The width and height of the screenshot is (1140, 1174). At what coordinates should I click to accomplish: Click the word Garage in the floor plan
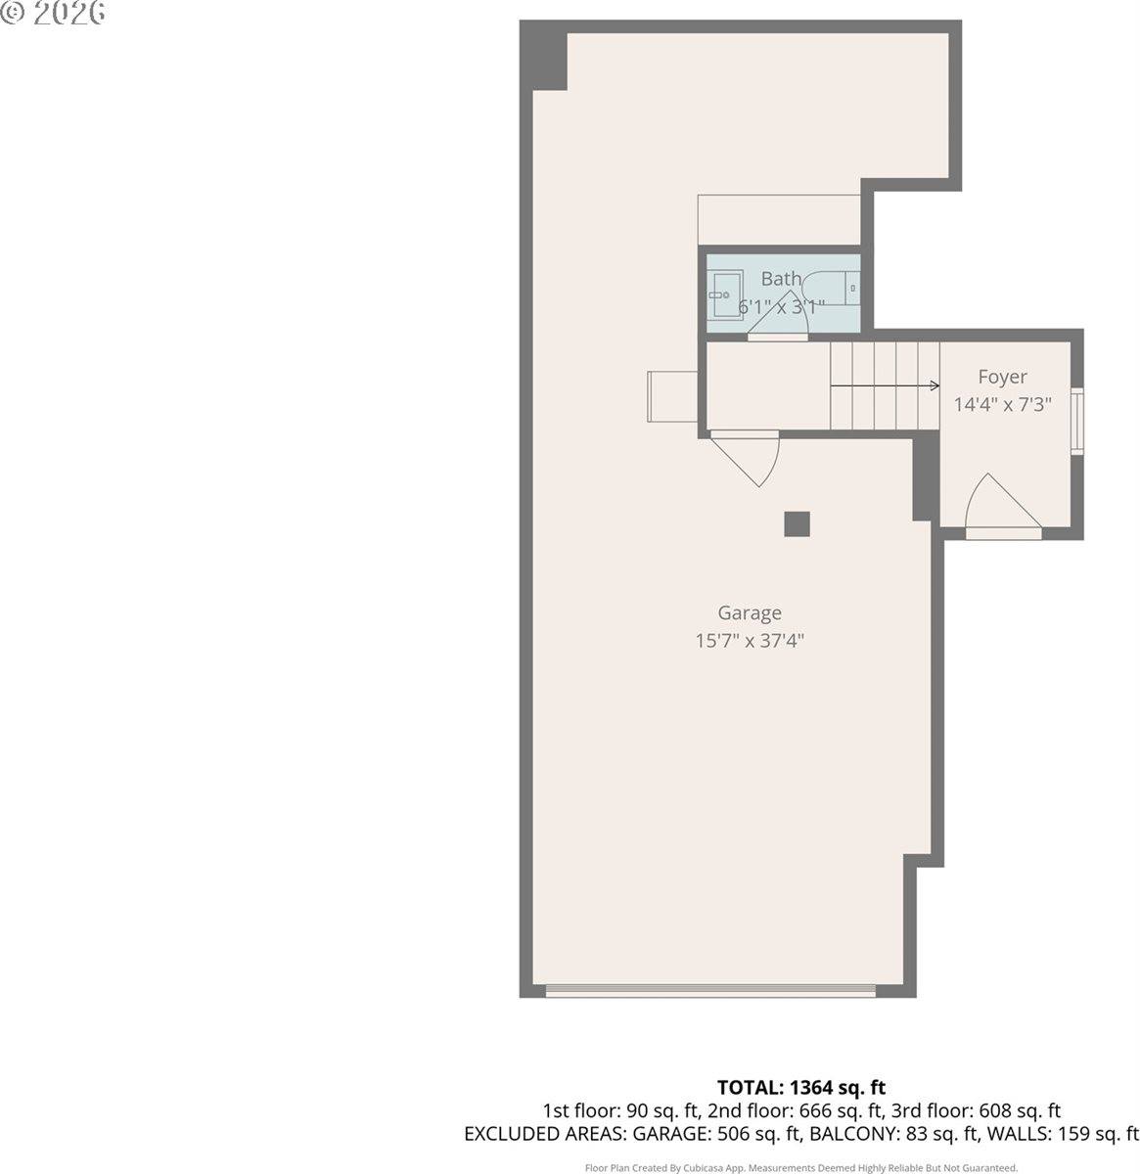coord(750,613)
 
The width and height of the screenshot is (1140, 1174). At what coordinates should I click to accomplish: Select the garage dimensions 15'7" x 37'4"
coord(750,642)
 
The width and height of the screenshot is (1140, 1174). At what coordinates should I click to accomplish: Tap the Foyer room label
coord(1002,377)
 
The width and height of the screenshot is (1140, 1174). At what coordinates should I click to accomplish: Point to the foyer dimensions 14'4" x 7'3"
coord(1002,404)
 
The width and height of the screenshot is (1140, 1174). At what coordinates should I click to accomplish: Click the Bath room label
coord(780,279)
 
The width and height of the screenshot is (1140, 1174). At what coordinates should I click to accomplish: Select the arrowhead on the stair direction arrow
coord(935,385)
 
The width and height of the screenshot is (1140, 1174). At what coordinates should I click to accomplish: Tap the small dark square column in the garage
coord(797,524)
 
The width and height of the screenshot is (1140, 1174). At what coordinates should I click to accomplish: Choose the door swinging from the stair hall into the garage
coord(749,457)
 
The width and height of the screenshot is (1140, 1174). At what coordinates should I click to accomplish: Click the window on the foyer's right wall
coord(1077,422)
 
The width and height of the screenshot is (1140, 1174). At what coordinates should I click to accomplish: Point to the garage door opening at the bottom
coord(710,991)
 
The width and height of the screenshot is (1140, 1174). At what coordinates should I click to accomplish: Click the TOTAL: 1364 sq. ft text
coord(800,1087)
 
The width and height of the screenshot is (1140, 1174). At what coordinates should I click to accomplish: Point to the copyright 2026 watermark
coord(53,14)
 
